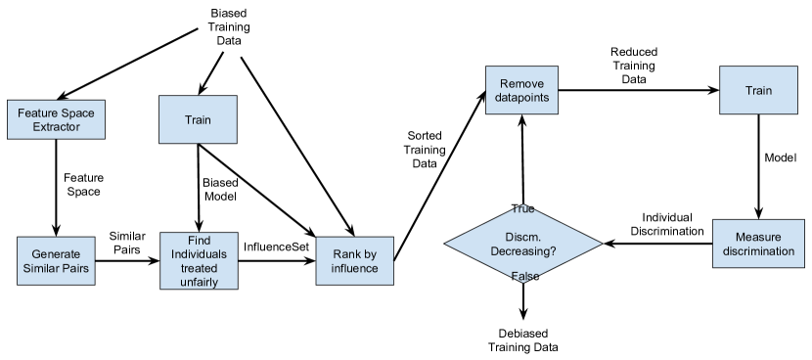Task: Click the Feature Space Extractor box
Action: (x=56, y=119)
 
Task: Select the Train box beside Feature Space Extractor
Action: (x=198, y=120)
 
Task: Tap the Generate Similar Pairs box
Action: (x=56, y=261)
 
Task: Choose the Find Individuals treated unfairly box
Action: (x=198, y=261)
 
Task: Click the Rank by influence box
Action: (x=354, y=261)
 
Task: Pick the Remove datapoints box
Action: (x=521, y=91)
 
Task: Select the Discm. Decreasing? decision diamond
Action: (x=522, y=244)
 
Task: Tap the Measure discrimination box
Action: (x=758, y=245)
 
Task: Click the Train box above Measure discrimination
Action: (x=758, y=91)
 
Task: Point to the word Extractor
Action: (x=56, y=127)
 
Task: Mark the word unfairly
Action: (x=198, y=282)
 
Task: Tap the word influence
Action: (x=354, y=268)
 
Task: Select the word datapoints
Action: (x=521, y=98)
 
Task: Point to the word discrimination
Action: (x=758, y=252)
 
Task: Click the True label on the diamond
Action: (x=523, y=209)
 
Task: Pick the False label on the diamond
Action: (x=524, y=277)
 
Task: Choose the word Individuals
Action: (x=198, y=254)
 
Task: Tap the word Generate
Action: (x=56, y=254)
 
